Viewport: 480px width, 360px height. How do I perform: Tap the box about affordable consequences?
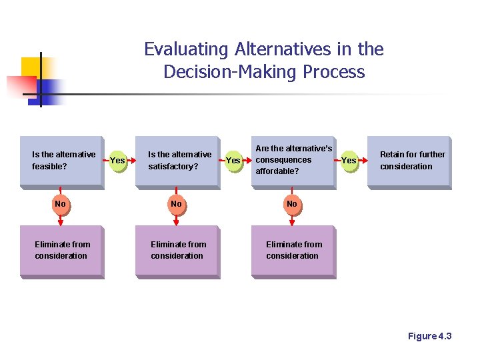pyautogui.click(x=293, y=161)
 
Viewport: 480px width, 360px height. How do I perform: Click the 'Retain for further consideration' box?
pyautogui.click(x=409, y=161)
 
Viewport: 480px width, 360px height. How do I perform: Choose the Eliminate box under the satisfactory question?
pyautogui.click(x=177, y=251)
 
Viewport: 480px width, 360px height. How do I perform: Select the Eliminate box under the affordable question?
pyautogui.click(x=293, y=251)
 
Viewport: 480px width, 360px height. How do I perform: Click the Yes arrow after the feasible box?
pyautogui.click(x=117, y=160)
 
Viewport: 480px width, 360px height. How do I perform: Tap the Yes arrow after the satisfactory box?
pyautogui.click(x=233, y=161)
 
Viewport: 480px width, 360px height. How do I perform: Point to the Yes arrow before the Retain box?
pyautogui.click(x=349, y=161)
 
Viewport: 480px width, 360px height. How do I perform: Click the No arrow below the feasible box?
pyautogui.click(x=61, y=204)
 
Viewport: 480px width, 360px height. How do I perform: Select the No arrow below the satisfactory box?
pyautogui.click(x=176, y=204)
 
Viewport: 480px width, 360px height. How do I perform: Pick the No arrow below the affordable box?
pyautogui.click(x=291, y=204)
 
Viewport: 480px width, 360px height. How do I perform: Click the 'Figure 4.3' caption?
pyautogui.click(x=429, y=336)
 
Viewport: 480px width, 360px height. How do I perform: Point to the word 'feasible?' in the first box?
pyautogui.click(x=49, y=167)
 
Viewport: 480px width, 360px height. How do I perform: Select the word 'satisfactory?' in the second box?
pyautogui.click(x=173, y=167)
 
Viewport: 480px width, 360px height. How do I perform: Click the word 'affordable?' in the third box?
pyautogui.click(x=277, y=171)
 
